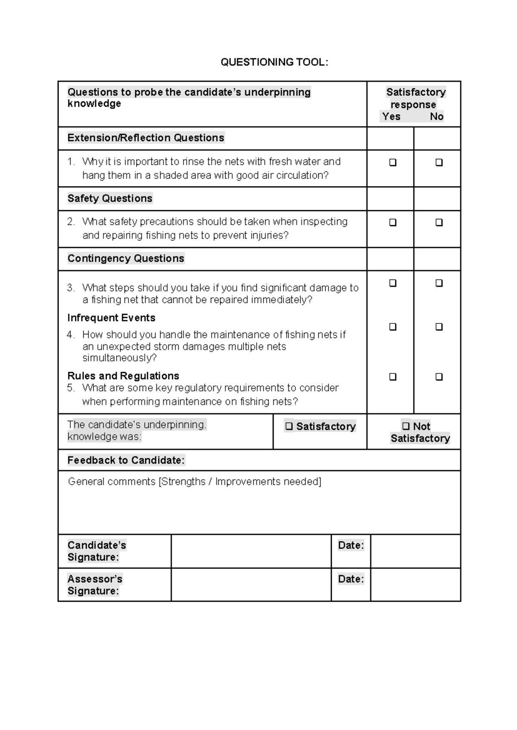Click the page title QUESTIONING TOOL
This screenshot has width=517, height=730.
tap(274, 62)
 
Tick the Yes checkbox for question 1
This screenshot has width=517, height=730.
tap(392, 162)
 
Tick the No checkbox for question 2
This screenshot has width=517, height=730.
tap(439, 223)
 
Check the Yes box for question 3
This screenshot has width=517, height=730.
tap(392, 283)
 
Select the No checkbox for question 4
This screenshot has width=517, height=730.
tap(439, 327)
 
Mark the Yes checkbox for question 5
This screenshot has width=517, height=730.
tap(392, 377)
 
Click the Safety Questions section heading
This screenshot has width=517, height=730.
tap(110, 199)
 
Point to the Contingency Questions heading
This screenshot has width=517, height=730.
tap(126, 258)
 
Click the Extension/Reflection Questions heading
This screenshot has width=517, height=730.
tap(146, 138)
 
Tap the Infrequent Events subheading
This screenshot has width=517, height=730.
tap(111, 318)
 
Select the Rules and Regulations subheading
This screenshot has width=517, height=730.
tap(123, 376)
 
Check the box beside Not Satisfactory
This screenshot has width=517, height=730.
tap(405, 426)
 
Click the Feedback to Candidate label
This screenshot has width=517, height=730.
tap(126, 460)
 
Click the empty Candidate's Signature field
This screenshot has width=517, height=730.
tap(251, 551)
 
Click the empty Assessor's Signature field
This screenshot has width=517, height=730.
tap(251, 585)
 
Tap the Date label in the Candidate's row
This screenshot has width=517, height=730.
tap(351, 545)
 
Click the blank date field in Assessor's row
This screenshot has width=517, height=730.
tap(415, 585)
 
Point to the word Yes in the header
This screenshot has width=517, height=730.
tap(391, 117)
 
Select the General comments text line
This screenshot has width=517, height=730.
tap(195, 481)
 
